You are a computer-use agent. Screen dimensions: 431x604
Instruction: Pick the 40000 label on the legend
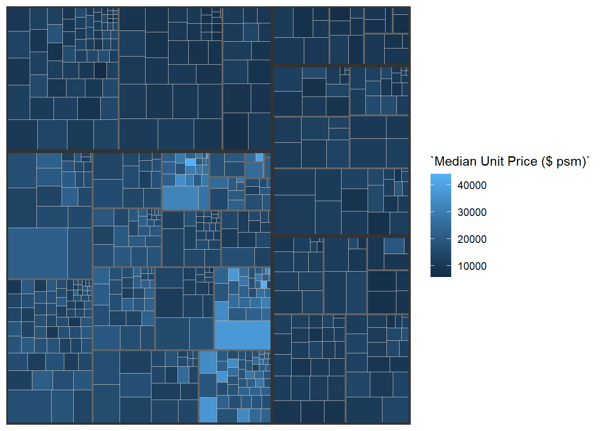[x=472, y=185]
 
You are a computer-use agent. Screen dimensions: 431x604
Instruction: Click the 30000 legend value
[x=472, y=212]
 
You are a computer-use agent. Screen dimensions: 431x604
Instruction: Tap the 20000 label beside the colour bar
[x=472, y=239]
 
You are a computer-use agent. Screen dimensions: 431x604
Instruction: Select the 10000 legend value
[x=472, y=266]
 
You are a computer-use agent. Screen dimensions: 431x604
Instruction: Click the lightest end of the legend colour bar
[x=440, y=176]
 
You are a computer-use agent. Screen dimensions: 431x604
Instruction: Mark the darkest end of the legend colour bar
[x=440, y=275]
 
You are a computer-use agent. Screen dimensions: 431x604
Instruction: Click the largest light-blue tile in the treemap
[x=242, y=334]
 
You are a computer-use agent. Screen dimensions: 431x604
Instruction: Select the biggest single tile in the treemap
[x=37, y=253]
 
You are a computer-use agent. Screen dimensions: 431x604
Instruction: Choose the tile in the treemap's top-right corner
[x=401, y=21]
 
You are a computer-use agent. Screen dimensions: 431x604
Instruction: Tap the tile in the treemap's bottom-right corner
[x=395, y=409]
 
